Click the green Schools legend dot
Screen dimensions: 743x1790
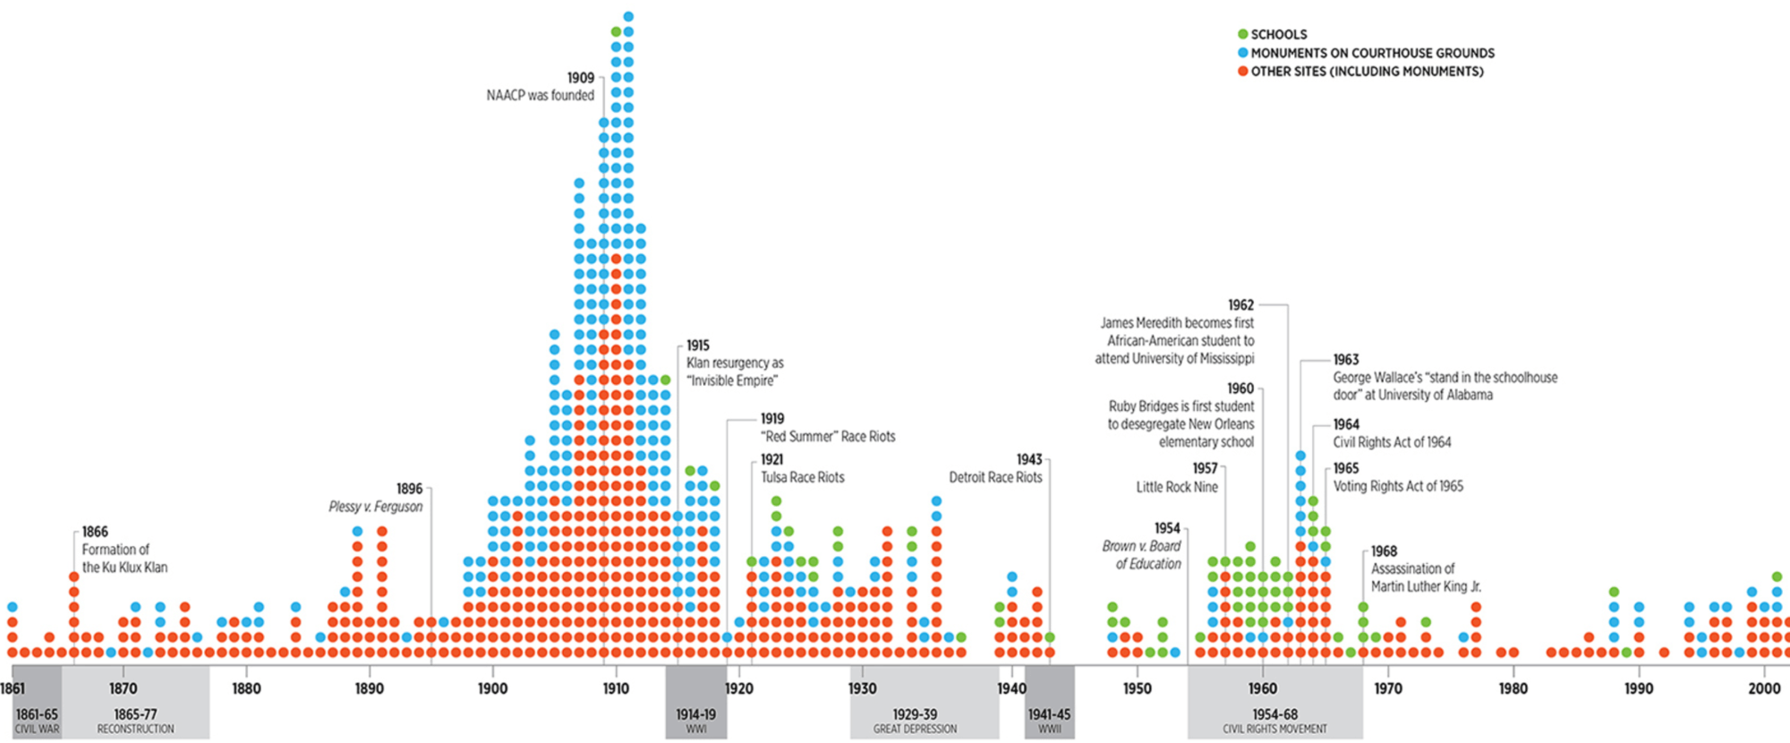pyautogui.click(x=1242, y=34)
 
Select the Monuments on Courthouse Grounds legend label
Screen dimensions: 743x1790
pyautogui.click(x=1372, y=53)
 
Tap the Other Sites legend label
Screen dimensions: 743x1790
pyautogui.click(x=1367, y=72)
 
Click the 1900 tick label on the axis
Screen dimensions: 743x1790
pyautogui.click(x=492, y=688)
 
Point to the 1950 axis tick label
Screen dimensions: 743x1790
pyautogui.click(x=1138, y=688)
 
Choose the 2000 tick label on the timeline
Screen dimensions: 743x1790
pyautogui.click(x=1764, y=688)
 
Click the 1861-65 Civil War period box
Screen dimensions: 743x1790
pyautogui.click(x=37, y=720)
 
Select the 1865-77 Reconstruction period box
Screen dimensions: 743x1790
pyautogui.click(x=135, y=720)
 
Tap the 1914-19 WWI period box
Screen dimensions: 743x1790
pyautogui.click(x=696, y=720)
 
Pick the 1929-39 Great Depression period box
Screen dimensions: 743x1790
pyautogui.click(x=915, y=720)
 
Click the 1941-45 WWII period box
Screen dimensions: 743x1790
pyautogui.click(x=1049, y=720)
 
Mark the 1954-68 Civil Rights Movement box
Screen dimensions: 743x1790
pyautogui.click(x=1274, y=720)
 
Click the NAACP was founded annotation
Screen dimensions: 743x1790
pyautogui.click(x=541, y=95)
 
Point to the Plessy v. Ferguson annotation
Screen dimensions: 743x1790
pyautogui.click(x=376, y=507)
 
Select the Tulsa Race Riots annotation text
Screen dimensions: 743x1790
pyautogui.click(x=803, y=477)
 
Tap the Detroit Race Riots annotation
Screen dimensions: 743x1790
pyautogui.click(x=995, y=477)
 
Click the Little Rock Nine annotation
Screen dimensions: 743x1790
pyautogui.click(x=1177, y=487)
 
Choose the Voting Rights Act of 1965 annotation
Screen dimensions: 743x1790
pyautogui.click(x=1398, y=486)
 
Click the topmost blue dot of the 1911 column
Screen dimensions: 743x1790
pyautogui.click(x=628, y=16)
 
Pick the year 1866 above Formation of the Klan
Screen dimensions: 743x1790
pyautogui.click(x=95, y=532)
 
